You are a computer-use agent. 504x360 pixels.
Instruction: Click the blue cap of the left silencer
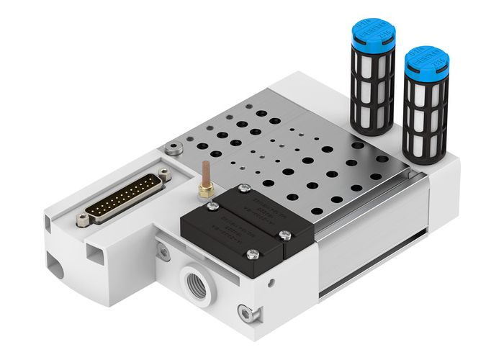[369, 38]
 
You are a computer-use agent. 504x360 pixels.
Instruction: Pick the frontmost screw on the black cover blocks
[252, 253]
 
